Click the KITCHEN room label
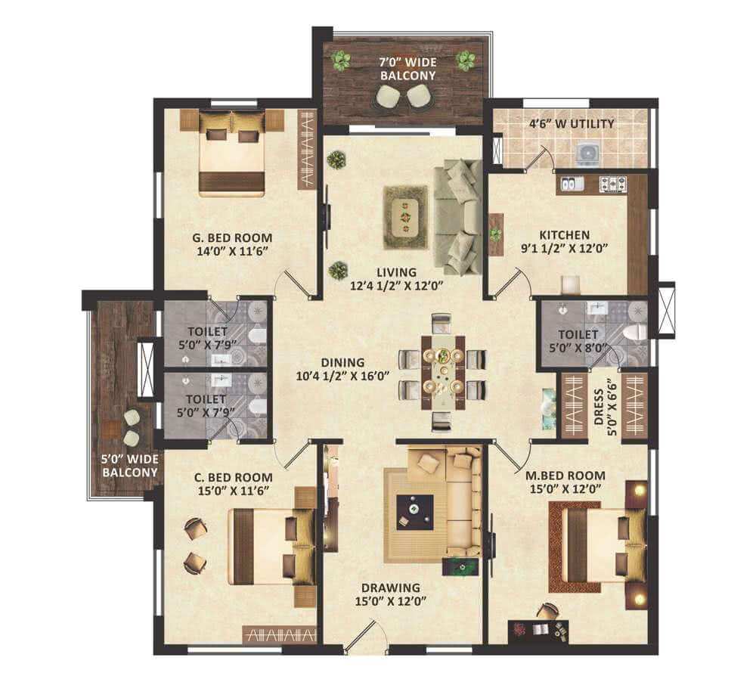tap(564, 235)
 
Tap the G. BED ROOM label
tap(232, 237)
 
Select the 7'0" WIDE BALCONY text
tap(408, 69)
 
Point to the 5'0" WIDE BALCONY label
tap(130, 466)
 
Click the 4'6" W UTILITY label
tap(572, 124)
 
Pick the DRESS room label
tap(599, 407)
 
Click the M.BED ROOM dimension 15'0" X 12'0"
tap(565, 488)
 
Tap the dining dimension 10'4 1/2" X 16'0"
tap(342, 376)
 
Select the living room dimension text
tap(396, 286)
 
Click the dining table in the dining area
tap(443, 373)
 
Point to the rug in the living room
tap(405, 218)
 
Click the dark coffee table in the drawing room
tap(414, 513)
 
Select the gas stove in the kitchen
tap(612, 184)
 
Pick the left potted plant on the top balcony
tap(341, 60)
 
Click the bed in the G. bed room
tap(232, 153)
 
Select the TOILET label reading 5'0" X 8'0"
tap(578, 340)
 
